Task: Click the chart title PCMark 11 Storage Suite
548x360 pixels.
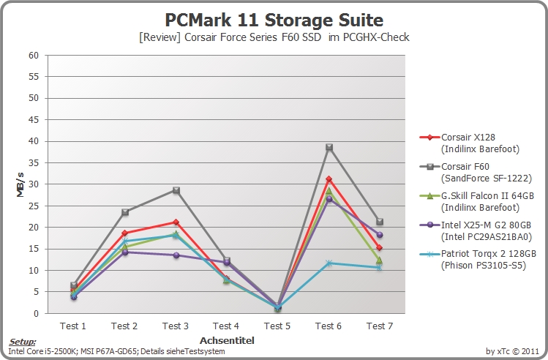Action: (x=274, y=20)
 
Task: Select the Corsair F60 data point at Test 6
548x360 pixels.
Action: (x=329, y=147)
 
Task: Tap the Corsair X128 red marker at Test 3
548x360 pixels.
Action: (x=176, y=222)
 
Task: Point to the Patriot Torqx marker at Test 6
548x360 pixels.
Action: (x=329, y=263)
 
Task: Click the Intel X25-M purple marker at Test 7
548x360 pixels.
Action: (x=380, y=235)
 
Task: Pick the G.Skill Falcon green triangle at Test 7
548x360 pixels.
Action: (x=379, y=260)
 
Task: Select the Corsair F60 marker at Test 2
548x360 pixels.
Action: (x=125, y=212)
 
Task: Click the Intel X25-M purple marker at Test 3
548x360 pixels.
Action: (x=176, y=255)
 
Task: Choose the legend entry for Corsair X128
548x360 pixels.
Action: (x=470, y=143)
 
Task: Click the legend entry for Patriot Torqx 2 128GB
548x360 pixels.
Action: (x=478, y=259)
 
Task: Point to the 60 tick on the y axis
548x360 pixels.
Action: (x=34, y=55)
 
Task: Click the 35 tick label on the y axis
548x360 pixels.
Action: (x=34, y=163)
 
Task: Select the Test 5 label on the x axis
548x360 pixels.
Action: (x=277, y=326)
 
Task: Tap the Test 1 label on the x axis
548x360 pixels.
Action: (x=72, y=326)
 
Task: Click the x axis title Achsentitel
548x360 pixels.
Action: (x=227, y=340)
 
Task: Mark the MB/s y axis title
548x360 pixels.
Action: (x=20, y=184)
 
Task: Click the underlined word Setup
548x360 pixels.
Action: (x=23, y=342)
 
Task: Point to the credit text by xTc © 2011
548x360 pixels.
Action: (x=512, y=350)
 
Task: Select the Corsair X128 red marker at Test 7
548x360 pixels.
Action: (x=379, y=248)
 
